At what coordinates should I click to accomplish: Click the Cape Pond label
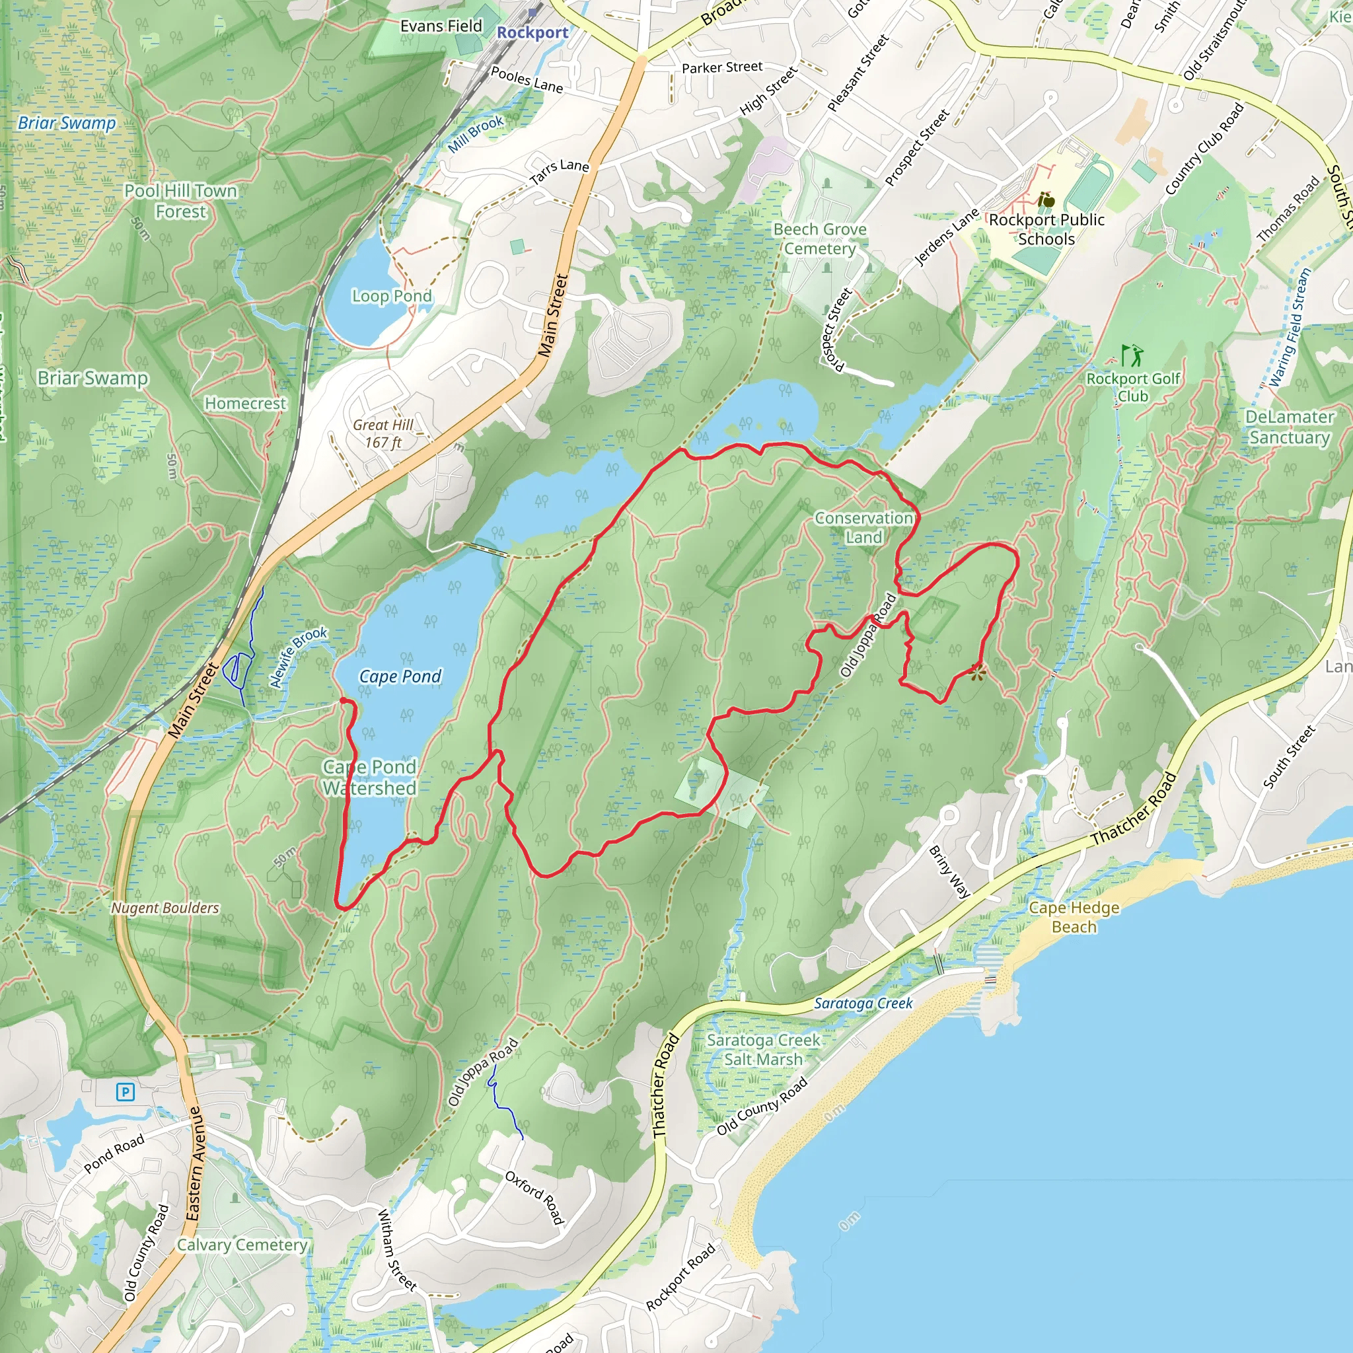pos(400,676)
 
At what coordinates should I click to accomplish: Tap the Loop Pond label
pos(392,296)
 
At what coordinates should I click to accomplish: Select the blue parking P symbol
pos(126,1092)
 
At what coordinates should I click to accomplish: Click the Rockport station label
pos(532,33)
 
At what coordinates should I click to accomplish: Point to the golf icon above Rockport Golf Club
pos(1131,356)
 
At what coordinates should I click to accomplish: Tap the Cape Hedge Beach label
pos(1074,918)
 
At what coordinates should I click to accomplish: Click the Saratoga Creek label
pos(863,1004)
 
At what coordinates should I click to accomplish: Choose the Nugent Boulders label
pos(165,908)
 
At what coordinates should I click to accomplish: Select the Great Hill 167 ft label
pos(383,433)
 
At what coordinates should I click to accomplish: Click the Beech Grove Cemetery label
pos(819,238)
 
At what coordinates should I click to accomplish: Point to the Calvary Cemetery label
pos(242,1245)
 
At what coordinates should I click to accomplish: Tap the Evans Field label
pos(441,26)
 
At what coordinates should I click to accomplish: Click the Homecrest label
pos(245,404)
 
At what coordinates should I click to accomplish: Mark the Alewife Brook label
pos(299,657)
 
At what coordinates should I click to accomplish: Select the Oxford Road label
pos(535,1198)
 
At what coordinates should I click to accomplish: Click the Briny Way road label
pos(949,872)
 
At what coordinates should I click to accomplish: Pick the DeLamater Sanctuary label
pos(1290,427)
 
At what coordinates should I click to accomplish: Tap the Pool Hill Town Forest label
pos(180,201)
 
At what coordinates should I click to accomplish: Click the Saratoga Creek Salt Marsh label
pos(762,1050)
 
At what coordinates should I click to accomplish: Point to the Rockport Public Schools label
pos(1046,229)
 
